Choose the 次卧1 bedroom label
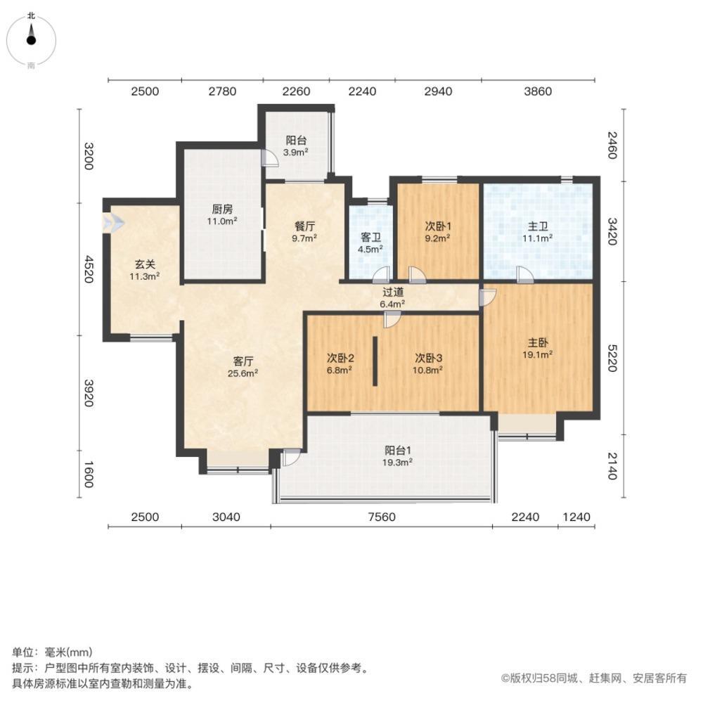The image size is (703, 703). coord(437,226)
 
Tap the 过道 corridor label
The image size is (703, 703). coord(392,292)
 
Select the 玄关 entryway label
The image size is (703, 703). coord(145,265)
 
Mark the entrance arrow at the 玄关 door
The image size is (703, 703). coord(112,224)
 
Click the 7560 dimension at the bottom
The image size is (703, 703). coord(382,517)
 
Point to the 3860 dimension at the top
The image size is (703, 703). coord(538,91)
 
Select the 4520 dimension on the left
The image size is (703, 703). coord(89,267)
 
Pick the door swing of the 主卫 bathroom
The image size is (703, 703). coord(524,274)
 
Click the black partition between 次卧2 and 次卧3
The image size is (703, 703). coord(375,361)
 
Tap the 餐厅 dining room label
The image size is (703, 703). coord(304,226)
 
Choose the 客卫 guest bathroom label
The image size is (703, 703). coord(371,237)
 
